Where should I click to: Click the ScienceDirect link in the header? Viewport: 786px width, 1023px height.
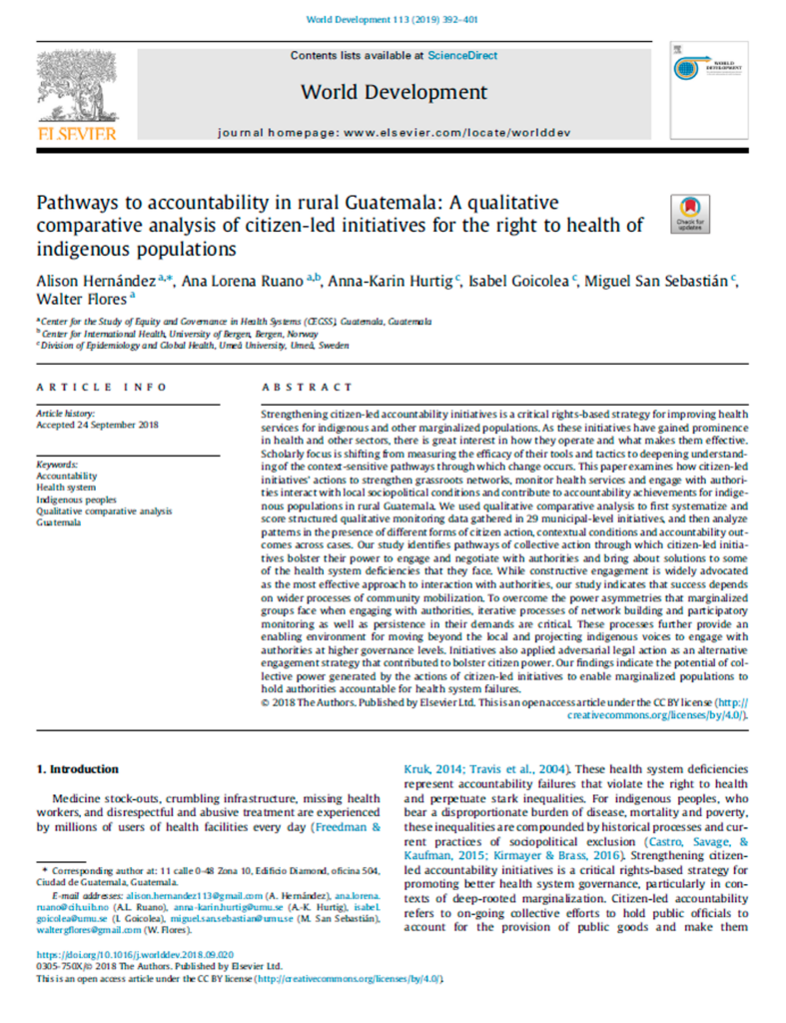(x=461, y=56)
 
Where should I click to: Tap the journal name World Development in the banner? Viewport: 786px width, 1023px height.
(x=393, y=93)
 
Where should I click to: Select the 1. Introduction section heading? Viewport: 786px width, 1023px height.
(x=77, y=769)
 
